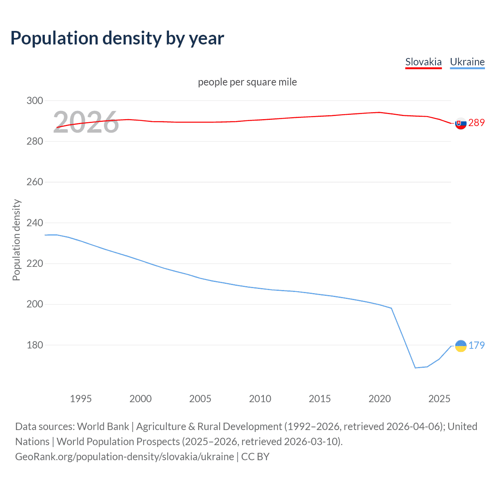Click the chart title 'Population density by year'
coord(117,38)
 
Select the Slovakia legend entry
coord(423,62)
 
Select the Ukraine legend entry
coord(467,62)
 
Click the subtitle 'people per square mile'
coord(247,82)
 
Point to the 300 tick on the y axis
coord(35,101)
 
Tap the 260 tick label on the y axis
coord(35,182)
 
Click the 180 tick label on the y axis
coord(35,345)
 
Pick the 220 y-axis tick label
coord(35,264)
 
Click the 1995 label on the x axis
coord(80,399)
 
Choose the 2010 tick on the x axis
coord(260,399)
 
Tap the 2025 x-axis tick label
coord(439,399)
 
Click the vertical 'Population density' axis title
coord(16,240)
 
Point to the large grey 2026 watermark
coord(86,123)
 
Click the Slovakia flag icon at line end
coord(461,123)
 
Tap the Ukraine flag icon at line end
coord(461,346)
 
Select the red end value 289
coord(476,123)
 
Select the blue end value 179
coord(476,345)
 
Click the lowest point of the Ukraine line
coord(415,368)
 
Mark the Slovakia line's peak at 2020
coord(379,112)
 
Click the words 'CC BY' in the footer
coord(255,457)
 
